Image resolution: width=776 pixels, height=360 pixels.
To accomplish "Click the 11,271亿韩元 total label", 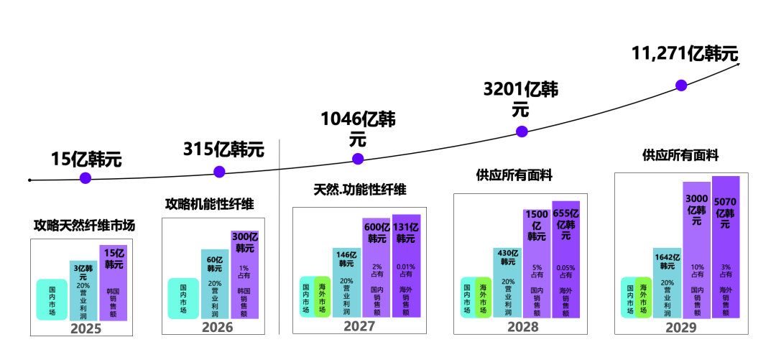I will coord(684,54).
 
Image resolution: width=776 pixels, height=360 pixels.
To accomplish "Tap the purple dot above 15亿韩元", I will coord(86,178).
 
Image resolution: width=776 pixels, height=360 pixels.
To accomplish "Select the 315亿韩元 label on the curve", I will coord(223,149).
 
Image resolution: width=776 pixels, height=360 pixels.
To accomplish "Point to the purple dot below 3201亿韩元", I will coord(522,131).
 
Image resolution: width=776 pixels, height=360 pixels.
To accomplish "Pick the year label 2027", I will coord(359,326).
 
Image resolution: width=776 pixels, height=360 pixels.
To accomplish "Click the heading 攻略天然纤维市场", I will coord(84,226).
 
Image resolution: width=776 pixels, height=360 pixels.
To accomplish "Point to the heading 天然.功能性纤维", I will coord(359,190).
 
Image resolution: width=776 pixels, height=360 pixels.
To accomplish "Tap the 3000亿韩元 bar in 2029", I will coord(696,251).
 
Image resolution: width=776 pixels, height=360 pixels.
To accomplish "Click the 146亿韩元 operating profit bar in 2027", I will coord(346,284).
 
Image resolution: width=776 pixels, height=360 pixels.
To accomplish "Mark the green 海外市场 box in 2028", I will coord(483,297).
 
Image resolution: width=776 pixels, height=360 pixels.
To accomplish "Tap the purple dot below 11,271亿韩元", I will coord(681,85).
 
